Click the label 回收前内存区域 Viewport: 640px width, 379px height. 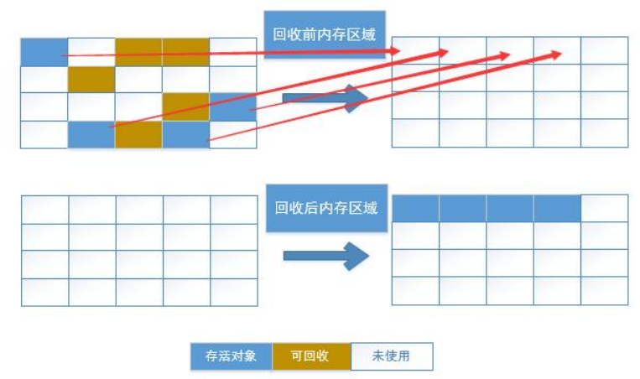(325, 35)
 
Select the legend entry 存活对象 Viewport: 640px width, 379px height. (231, 356)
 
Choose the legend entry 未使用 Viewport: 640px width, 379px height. (392, 356)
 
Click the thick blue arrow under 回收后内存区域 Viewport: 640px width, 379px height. (325, 256)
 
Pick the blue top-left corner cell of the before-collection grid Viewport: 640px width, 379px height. (44, 52)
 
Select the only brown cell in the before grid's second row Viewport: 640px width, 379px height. (91, 80)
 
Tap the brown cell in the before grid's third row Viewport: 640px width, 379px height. (185, 106)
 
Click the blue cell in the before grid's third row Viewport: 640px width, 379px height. (232, 106)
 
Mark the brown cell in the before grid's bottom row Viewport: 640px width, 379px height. (138, 134)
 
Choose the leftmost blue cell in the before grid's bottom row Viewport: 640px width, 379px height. (91, 134)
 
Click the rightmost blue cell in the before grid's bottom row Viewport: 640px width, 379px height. (185, 134)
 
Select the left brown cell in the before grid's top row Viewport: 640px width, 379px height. (138, 52)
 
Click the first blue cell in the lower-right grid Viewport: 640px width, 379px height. (415, 209)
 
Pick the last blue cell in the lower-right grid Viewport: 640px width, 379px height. (557, 209)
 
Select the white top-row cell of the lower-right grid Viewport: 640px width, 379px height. (604, 209)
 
